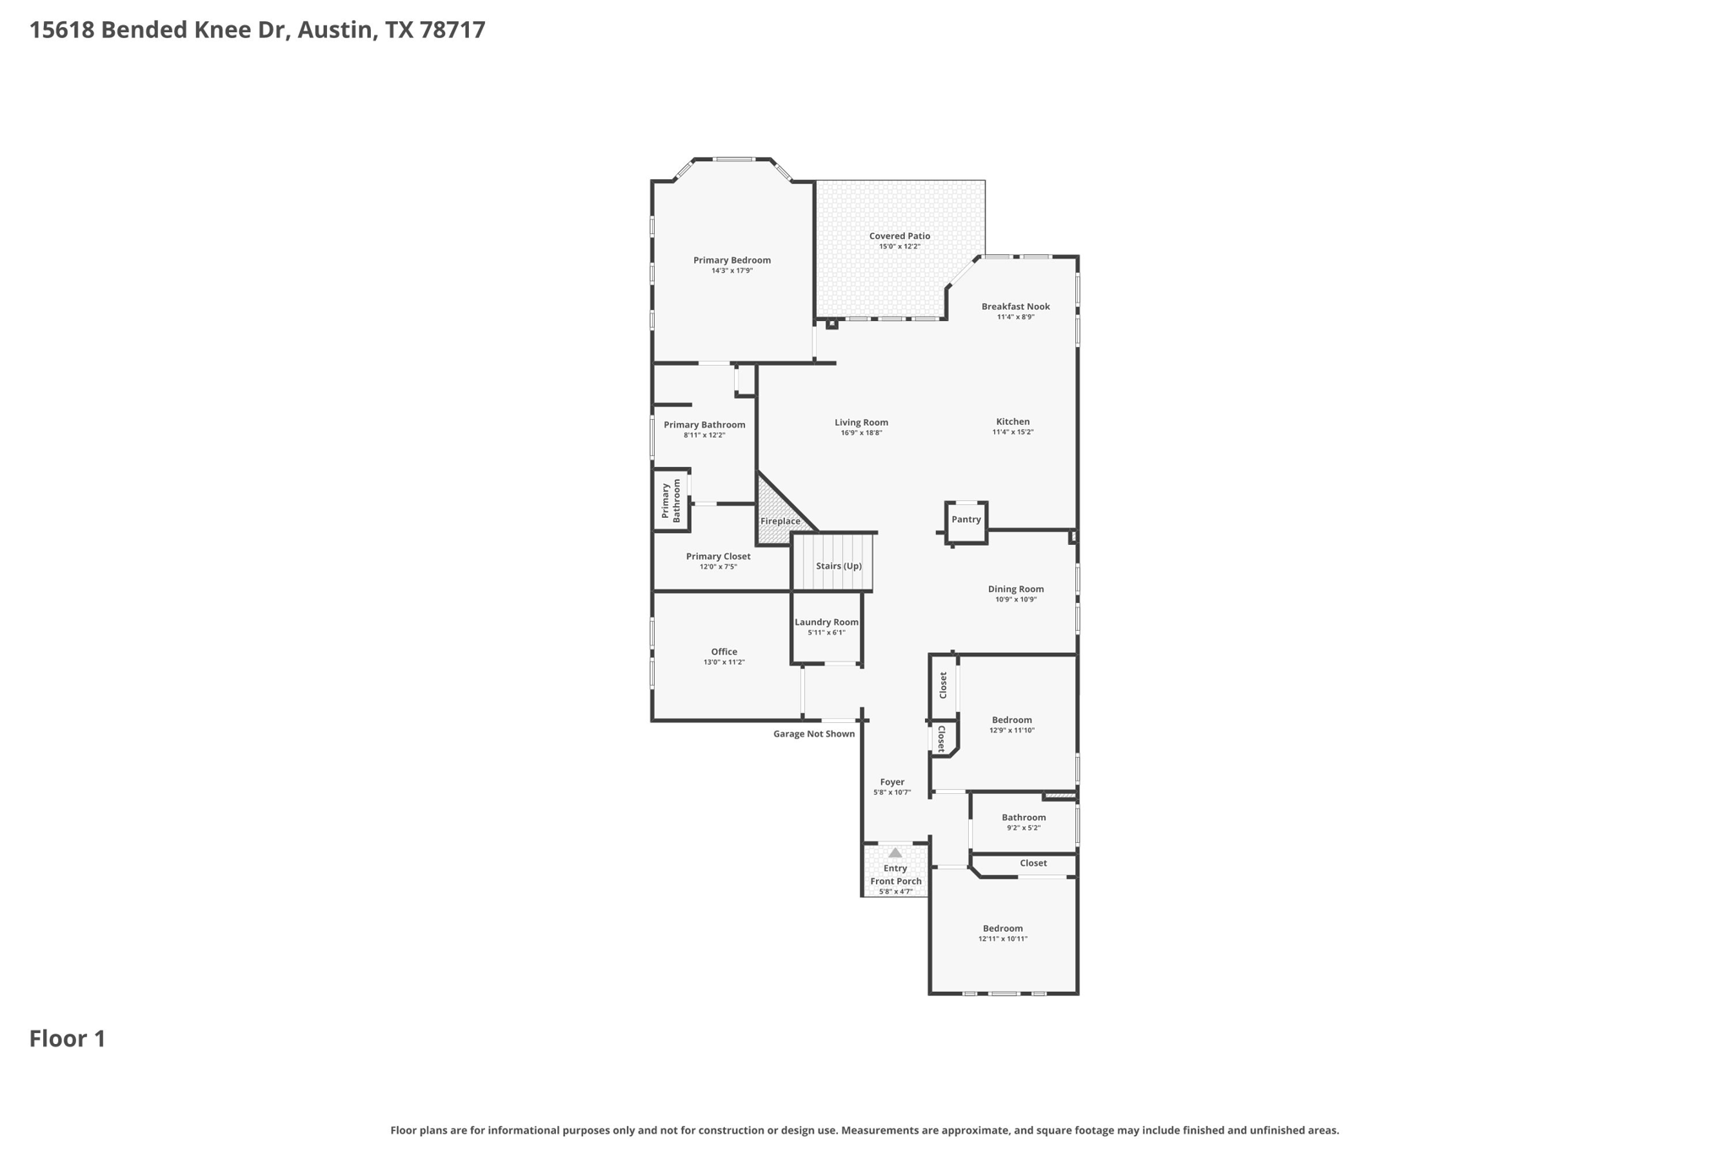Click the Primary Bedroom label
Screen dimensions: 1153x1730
[x=732, y=260]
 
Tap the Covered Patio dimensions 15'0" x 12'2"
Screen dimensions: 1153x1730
[x=899, y=247]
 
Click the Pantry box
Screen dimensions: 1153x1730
[x=966, y=520]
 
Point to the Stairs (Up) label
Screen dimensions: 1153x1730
[x=838, y=566]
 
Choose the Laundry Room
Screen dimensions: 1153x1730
[x=826, y=626]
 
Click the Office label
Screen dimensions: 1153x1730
[x=724, y=651]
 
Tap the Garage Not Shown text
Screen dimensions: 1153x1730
[x=813, y=734]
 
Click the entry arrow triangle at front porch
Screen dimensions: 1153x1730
[x=895, y=853]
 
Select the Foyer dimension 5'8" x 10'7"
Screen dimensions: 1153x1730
[x=892, y=792]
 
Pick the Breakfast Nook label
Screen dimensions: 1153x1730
[x=1015, y=307]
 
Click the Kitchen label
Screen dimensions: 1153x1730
[x=1012, y=421]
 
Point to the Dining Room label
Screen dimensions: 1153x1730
[x=1015, y=589]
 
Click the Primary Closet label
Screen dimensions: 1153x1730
[x=718, y=556]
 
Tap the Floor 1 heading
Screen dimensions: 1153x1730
[x=68, y=1039]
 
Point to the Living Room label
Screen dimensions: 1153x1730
[x=861, y=422]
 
